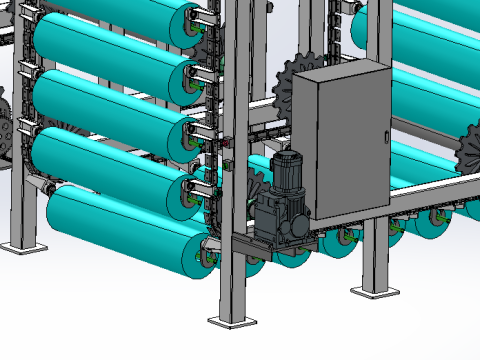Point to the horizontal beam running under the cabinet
[x=420, y=196]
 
